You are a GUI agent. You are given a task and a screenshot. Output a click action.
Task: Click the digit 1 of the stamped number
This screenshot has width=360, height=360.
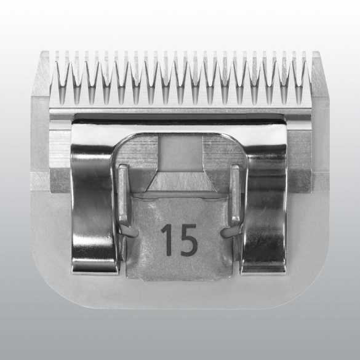tap(167, 240)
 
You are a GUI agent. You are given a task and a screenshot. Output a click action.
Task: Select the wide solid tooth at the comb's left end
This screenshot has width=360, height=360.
tap(41, 73)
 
